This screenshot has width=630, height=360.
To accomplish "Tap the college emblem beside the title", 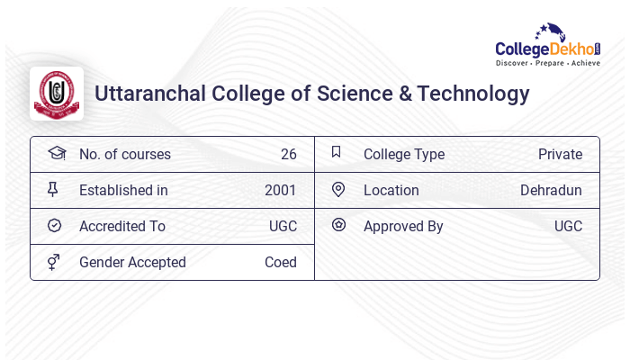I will click(x=57, y=94).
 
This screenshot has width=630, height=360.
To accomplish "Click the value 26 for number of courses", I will click(x=288, y=154).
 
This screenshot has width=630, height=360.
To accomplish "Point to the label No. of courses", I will click(x=124, y=154).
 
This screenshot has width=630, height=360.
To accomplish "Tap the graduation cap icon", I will click(x=56, y=153).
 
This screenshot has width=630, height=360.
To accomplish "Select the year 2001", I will click(x=280, y=190).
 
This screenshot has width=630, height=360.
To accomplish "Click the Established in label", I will click(x=123, y=190).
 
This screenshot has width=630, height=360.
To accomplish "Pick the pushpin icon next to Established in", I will click(x=53, y=189).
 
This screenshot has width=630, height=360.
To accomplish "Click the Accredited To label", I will click(x=122, y=226).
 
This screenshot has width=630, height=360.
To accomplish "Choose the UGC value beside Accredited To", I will click(x=283, y=226).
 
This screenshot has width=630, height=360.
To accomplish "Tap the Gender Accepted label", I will click(x=132, y=262).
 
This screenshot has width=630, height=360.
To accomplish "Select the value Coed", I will click(x=280, y=262).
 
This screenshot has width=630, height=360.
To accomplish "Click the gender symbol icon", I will click(x=53, y=262).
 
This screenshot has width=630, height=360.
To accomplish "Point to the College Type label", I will click(x=404, y=154).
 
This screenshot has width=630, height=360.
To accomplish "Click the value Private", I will click(x=560, y=154).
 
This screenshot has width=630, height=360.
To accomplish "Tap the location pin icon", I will click(x=338, y=189).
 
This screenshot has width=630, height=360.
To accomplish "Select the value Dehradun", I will click(x=551, y=190).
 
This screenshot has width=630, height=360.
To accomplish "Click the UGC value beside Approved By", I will click(x=568, y=226).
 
